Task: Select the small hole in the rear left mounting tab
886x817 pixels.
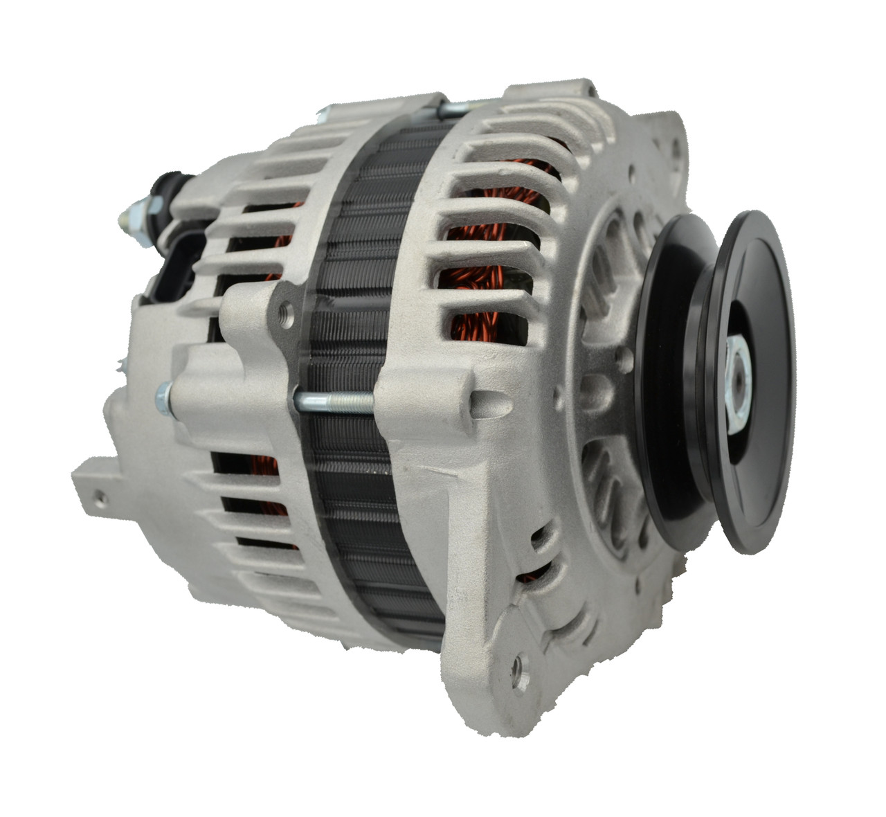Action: (102, 496)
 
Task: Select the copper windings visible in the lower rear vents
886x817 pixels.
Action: (266, 478)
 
